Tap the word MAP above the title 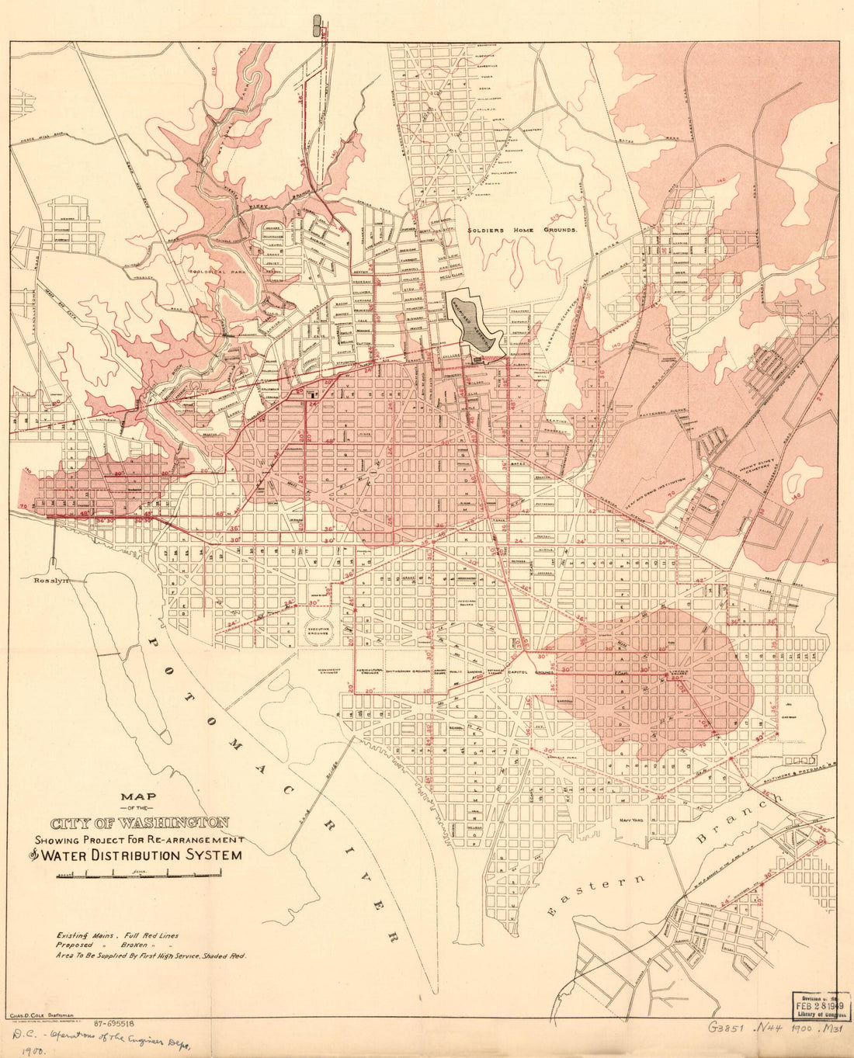pyautogui.click(x=138, y=796)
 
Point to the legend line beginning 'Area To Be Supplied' pyautogui.click(x=150, y=957)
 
